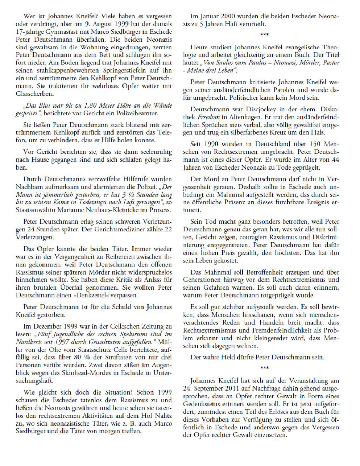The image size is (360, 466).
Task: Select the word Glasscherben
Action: tap(34, 94)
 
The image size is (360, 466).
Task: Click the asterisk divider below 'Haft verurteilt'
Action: tap(265, 35)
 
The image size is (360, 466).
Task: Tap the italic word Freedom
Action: tap(208, 117)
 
